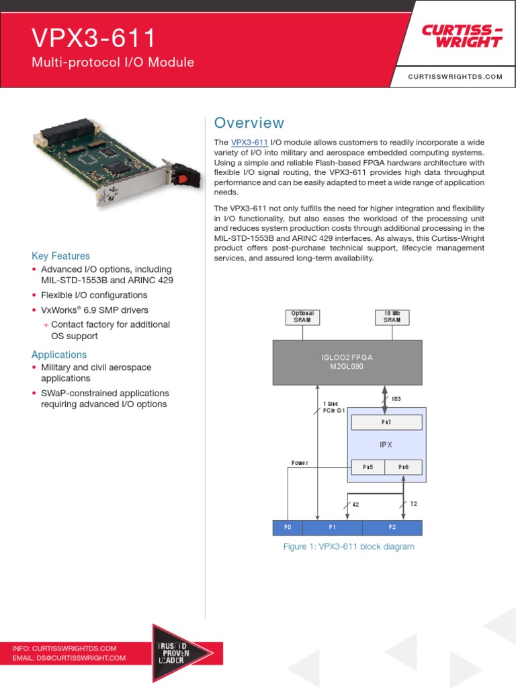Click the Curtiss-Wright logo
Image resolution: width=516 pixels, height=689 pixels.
click(x=462, y=36)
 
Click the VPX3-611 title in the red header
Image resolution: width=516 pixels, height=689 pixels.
click(x=94, y=38)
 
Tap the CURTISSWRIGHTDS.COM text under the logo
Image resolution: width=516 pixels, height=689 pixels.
click(x=455, y=77)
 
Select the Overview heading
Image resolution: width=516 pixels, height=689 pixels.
click(x=249, y=123)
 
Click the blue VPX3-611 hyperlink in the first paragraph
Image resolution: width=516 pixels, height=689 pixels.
click(x=249, y=143)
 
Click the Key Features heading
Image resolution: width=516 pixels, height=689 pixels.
click(x=60, y=256)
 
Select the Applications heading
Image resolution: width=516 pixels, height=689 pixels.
click(x=59, y=355)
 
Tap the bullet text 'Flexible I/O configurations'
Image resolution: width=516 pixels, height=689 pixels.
click(x=94, y=295)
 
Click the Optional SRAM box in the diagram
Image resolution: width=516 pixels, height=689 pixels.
click(x=302, y=317)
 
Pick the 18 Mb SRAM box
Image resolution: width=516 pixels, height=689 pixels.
click(x=392, y=317)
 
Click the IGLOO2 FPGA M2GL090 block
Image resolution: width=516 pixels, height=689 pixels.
click(x=347, y=362)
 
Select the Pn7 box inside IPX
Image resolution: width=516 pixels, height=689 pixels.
click(x=386, y=422)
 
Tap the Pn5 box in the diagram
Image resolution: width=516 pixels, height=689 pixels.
click(x=368, y=467)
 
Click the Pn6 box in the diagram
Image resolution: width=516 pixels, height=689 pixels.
click(x=404, y=467)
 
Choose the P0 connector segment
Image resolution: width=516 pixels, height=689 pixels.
click(x=288, y=526)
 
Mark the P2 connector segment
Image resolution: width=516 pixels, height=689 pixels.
click(x=392, y=526)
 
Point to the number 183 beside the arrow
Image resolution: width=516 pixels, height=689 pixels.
click(x=396, y=400)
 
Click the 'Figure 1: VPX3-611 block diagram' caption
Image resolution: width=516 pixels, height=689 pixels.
click(x=348, y=546)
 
